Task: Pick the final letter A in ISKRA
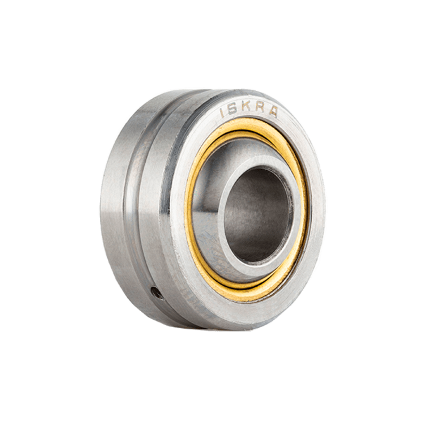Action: pos(273,112)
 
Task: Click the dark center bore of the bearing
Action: pos(257,215)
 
